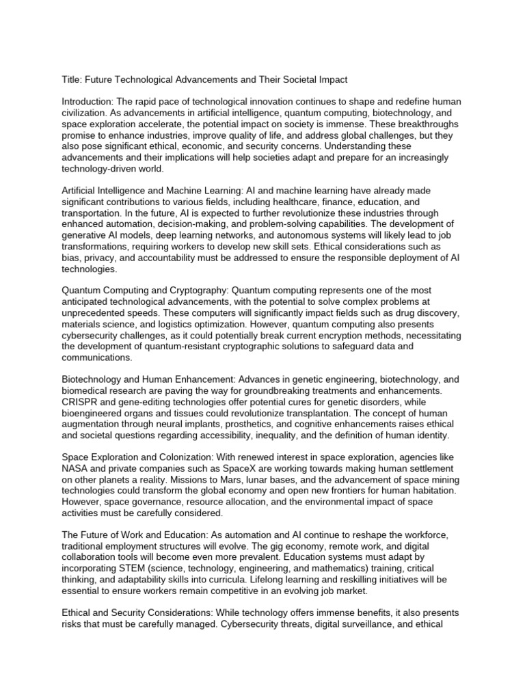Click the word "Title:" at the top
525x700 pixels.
point(73,80)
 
